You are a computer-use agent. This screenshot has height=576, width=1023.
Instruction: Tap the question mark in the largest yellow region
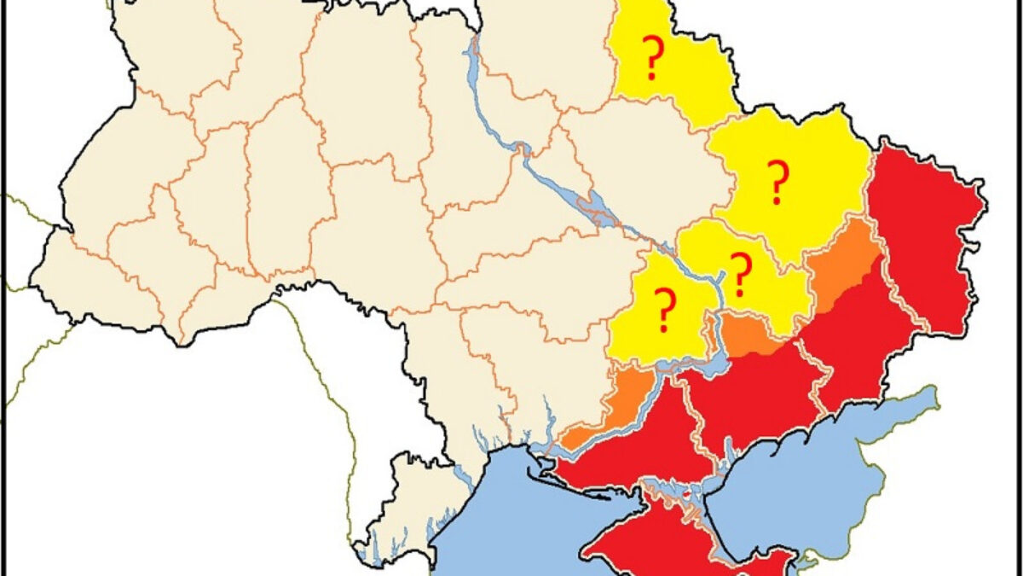(777, 183)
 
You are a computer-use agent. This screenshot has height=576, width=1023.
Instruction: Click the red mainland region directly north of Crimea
(639, 444)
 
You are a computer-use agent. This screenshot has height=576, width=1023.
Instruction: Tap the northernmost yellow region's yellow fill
(682, 77)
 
